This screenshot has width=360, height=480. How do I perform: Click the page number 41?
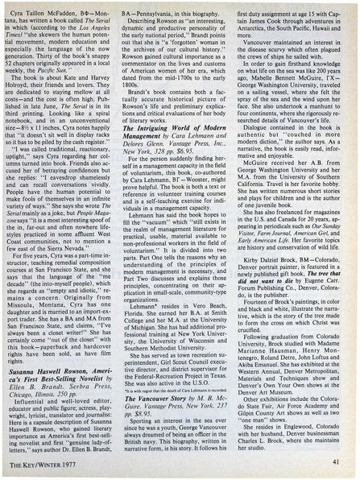pos(335,458)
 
